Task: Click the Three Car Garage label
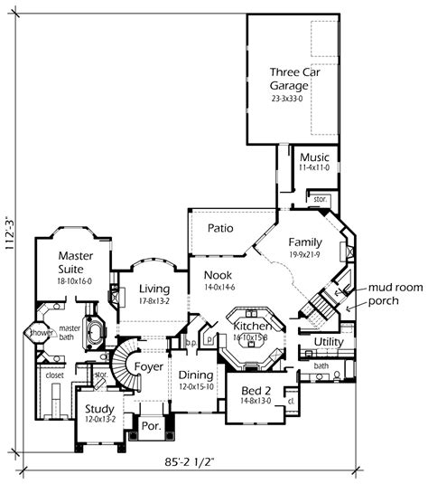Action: click(x=293, y=78)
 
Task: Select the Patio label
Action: click(x=221, y=228)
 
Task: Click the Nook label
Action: click(x=218, y=275)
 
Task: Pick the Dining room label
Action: click(x=196, y=375)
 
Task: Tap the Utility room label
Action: click(x=328, y=342)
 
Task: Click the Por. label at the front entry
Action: click(x=151, y=424)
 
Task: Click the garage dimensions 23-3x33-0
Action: click(x=292, y=97)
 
